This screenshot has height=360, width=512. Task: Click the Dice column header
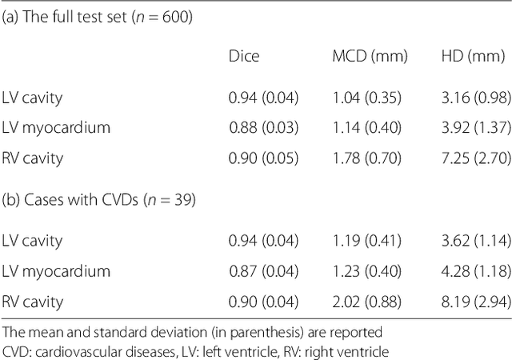(x=244, y=57)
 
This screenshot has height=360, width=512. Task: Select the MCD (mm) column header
(x=370, y=57)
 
